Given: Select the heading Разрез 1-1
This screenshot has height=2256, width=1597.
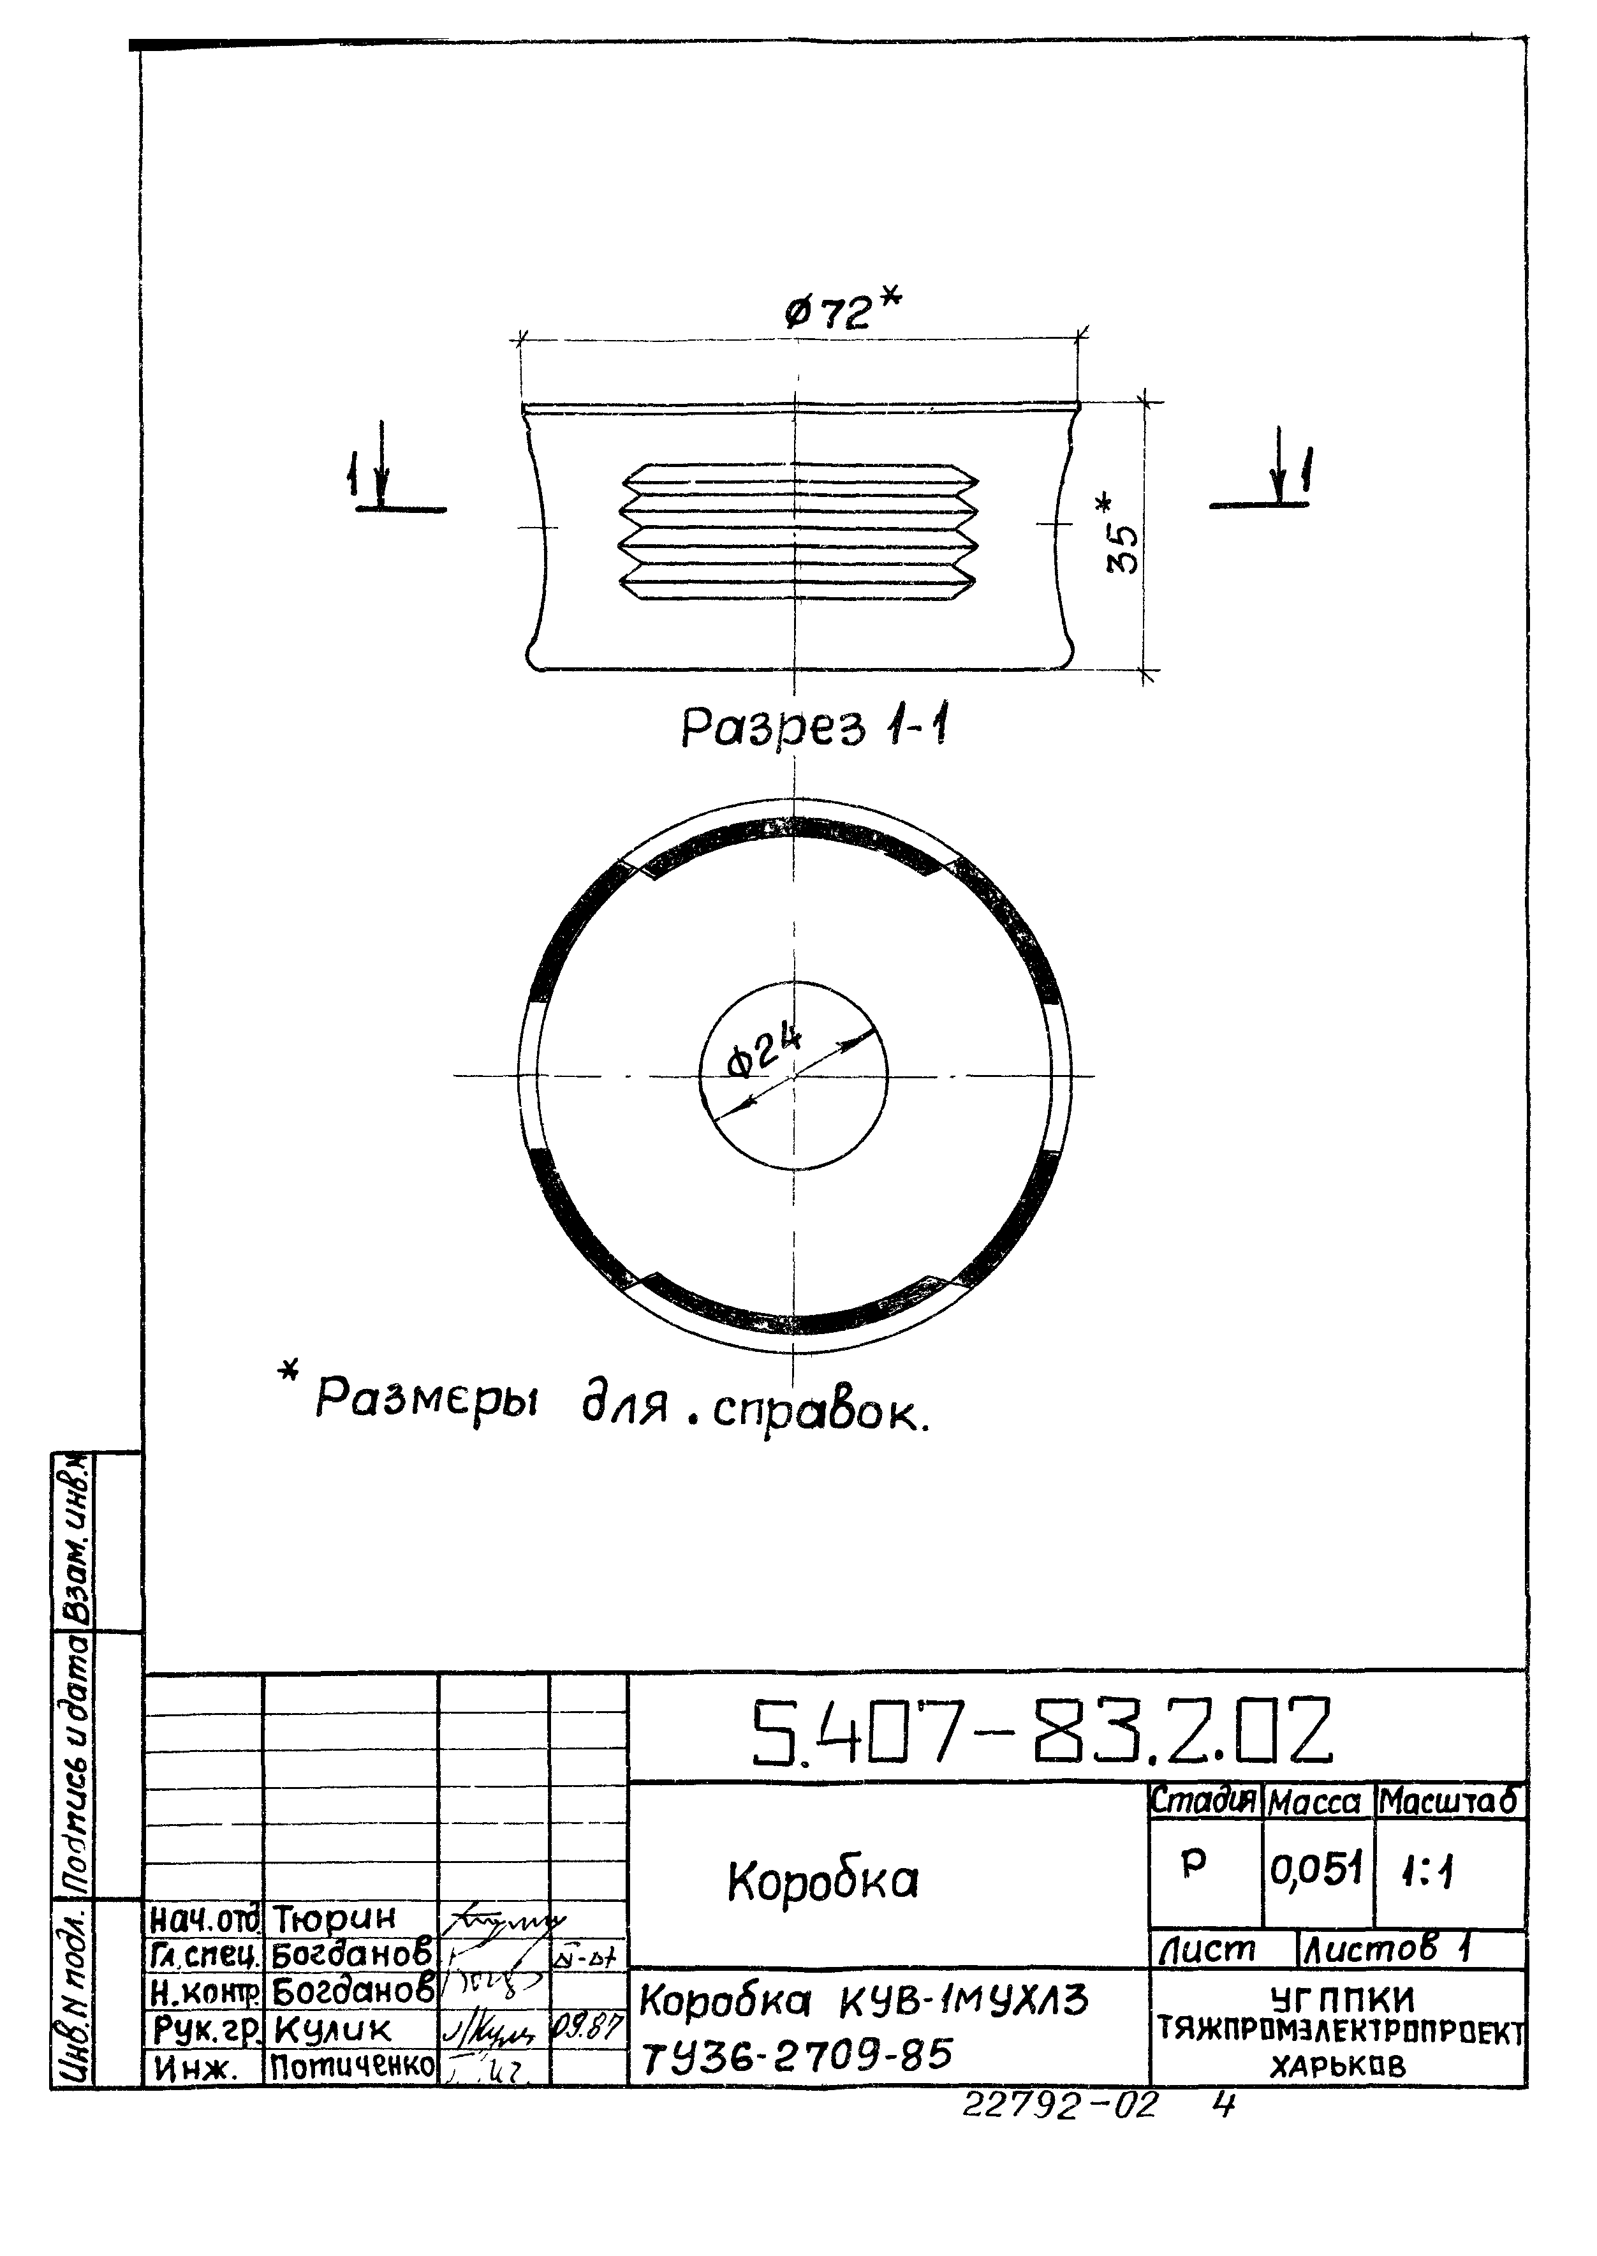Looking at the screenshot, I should pos(815,729).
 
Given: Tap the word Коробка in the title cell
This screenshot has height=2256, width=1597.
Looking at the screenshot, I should pos(823,1881).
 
